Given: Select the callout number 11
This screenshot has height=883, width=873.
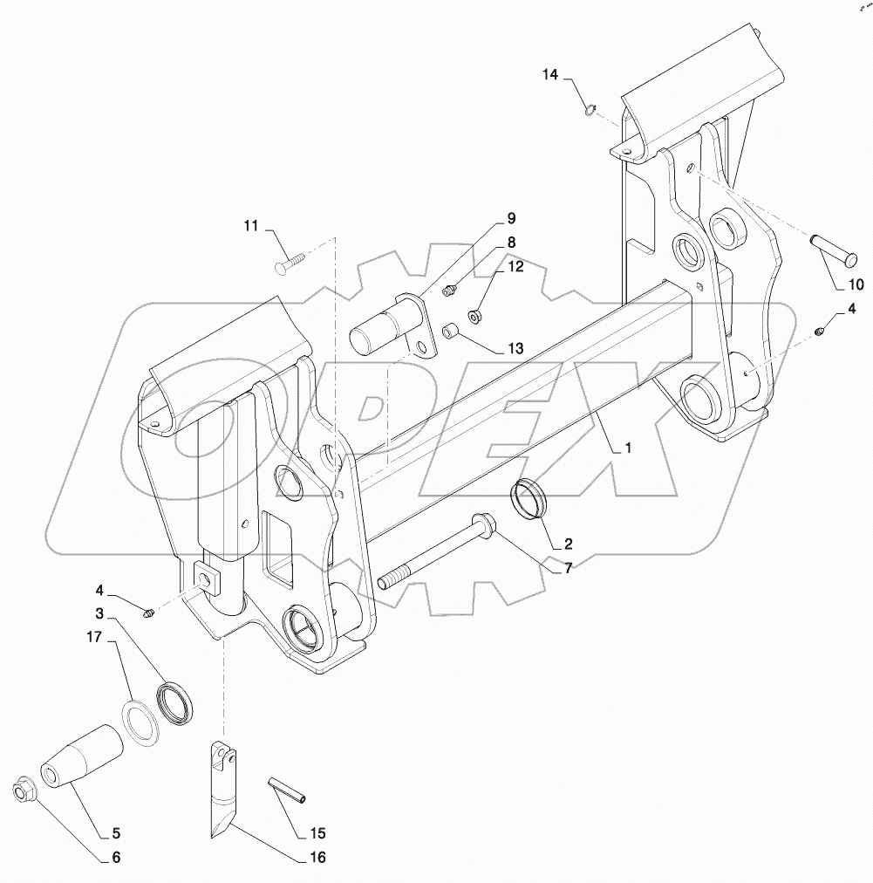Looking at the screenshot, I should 252,227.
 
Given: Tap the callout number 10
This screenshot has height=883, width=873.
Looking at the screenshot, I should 856,284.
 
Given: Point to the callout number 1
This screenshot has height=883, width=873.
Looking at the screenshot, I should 625,448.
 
